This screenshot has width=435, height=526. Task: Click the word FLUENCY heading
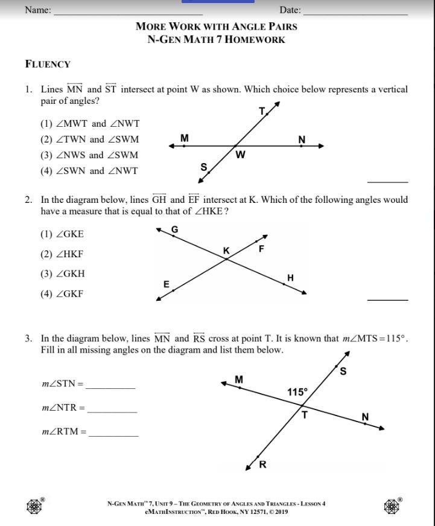(48, 64)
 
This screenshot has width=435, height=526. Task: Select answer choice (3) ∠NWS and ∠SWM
(89, 155)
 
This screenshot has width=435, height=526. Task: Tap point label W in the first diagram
(240, 155)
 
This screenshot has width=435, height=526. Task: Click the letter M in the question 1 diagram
(185, 138)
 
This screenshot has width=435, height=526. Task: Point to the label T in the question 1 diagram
(262, 111)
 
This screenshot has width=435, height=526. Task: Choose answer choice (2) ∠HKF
(62, 254)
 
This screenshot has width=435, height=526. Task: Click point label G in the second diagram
(175, 229)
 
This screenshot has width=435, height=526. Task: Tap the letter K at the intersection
(226, 251)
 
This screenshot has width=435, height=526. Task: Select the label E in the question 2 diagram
(167, 284)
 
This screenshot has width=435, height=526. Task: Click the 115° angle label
(297, 392)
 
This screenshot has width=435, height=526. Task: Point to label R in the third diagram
(262, 464)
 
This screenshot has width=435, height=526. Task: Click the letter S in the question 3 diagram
(343, 371)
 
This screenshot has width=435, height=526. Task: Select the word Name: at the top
(38, 10)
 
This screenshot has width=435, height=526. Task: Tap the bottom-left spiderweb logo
(34, 506)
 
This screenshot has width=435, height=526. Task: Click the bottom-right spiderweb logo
(392, 505)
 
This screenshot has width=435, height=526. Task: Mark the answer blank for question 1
(388, 181)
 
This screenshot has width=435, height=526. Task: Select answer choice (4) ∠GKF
(62, 294)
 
